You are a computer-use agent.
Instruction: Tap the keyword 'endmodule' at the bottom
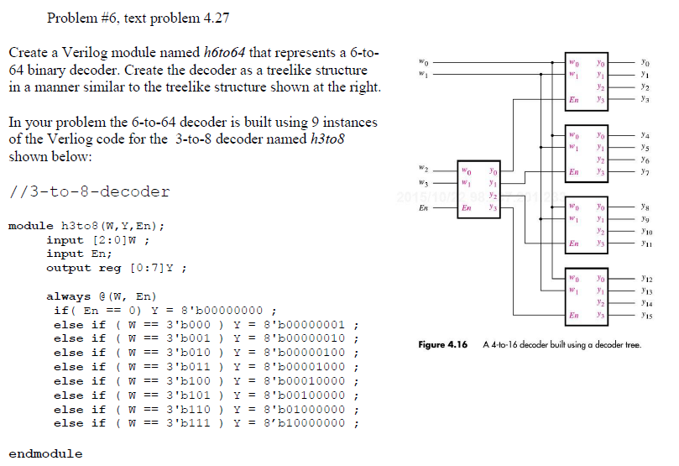(45, 453)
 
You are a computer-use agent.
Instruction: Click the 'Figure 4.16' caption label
(442, 344)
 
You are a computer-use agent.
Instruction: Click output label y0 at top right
(644, 61)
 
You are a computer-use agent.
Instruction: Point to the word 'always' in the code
(68, 296)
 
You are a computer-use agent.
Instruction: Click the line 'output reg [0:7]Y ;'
(116, 268)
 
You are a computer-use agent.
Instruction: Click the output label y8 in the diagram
(643, 204)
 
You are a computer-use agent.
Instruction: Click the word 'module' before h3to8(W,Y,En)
(31, 226)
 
